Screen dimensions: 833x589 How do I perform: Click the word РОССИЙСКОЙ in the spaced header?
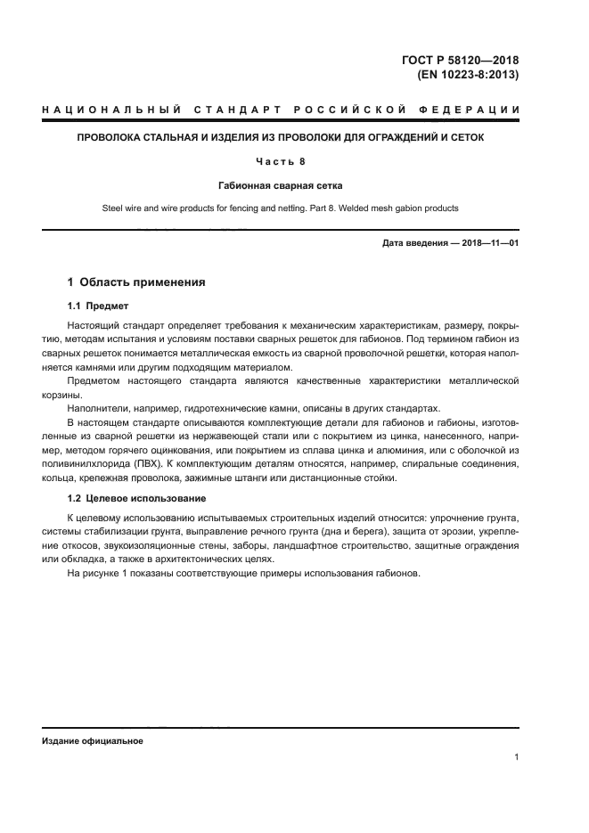[347, 110]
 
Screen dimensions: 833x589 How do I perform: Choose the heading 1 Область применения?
[136, 282]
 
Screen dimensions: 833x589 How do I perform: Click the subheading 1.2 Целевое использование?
[136, 497]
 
